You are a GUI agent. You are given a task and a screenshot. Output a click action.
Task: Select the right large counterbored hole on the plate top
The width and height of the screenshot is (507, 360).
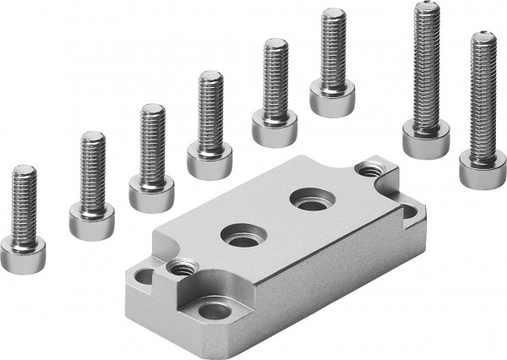303,201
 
